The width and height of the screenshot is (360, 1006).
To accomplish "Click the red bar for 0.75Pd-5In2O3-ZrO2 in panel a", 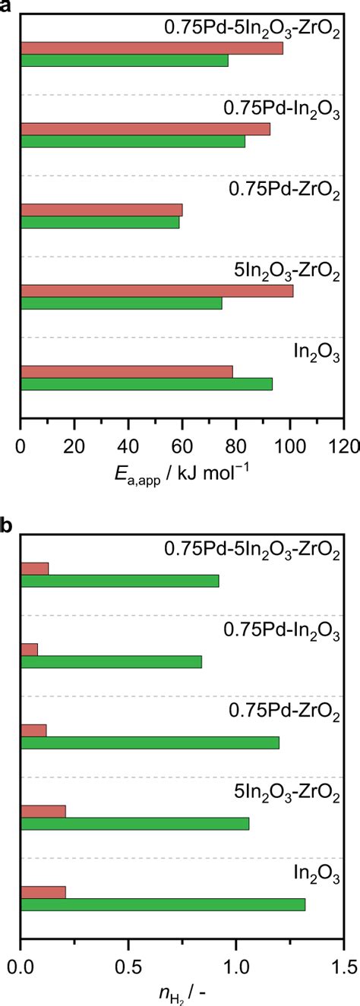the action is pyautogui.click(x=152, y=49).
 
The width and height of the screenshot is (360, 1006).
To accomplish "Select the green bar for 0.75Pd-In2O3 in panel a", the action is pyautogui.click(x=133, y=141).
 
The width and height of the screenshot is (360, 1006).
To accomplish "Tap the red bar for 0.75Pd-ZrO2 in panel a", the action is pyautogui.click(x=102, y=210).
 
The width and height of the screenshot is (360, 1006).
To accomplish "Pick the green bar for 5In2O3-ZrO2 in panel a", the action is pyautogui.click(x=122, y=303).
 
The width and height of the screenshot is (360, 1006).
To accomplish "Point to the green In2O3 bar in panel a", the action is pyautogui.click(x=147, y=384).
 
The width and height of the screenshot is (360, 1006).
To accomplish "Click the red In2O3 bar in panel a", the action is pyautogui.click(x=127, y=372).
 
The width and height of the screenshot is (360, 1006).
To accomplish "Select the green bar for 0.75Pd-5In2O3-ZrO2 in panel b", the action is pyautogui.click(x=120, y=581).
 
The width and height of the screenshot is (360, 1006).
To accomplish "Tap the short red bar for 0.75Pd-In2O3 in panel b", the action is pyautogui.click(x=29, y=649).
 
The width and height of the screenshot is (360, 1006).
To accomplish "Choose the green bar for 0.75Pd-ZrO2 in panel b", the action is pyautogui.click(x=150, y=743).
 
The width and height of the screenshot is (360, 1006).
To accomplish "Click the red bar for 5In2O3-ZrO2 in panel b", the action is pyautogui.click(x=43, y=811).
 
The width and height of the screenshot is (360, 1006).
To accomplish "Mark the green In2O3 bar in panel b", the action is pyautogui.click(x=163, y=904).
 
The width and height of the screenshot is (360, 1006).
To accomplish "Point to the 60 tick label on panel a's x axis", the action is pyautogui.click(x=182, y=447).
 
